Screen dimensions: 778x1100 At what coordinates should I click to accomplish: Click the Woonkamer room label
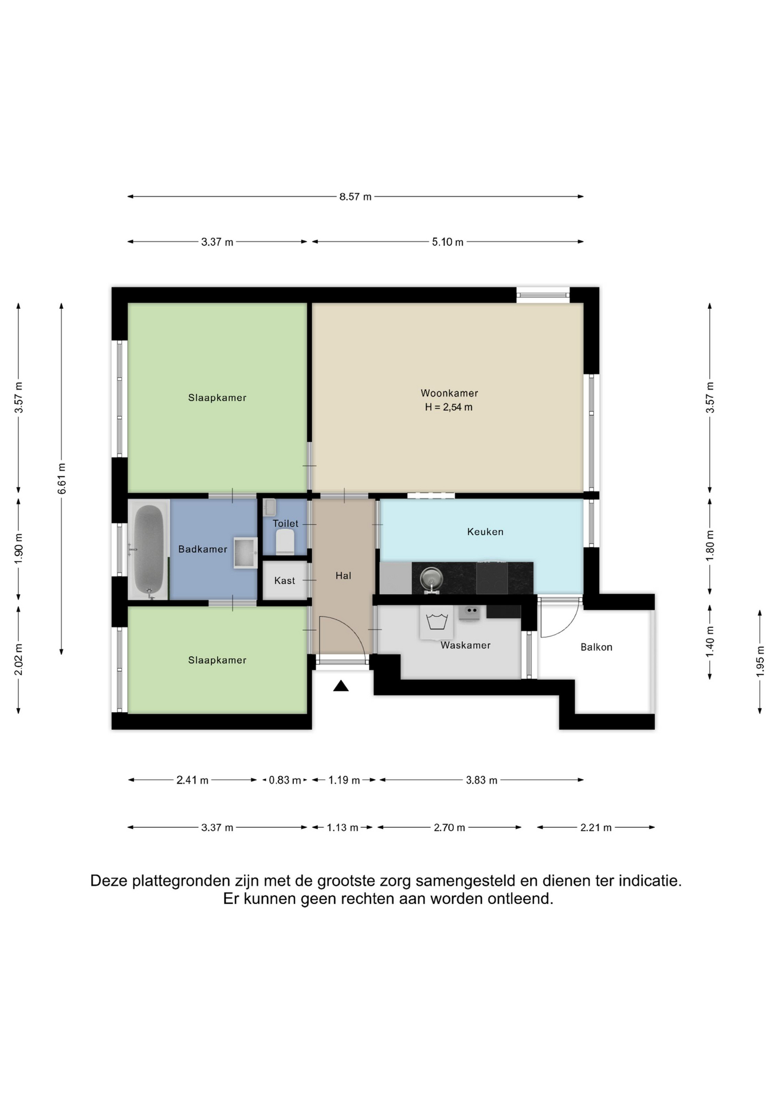point(449,393)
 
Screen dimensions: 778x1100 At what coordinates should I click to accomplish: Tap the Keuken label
point(485,532)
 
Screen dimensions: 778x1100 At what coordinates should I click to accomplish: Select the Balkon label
point(596,647)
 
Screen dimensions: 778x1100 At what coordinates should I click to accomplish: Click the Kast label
point(285,580)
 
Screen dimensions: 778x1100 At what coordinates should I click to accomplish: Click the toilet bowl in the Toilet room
point(285,541)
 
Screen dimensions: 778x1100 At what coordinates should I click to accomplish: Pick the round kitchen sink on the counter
point(431,579)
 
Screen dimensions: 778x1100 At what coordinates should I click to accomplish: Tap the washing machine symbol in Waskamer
point(437,622)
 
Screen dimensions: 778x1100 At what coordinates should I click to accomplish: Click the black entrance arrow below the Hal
point(341,686)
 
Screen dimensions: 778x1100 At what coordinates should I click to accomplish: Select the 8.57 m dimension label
point(355,197)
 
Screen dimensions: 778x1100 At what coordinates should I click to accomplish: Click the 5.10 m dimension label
point(447,242)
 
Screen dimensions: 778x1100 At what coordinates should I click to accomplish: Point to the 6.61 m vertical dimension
point(62,478)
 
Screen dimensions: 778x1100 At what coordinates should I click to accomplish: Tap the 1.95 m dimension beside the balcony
point(760,662)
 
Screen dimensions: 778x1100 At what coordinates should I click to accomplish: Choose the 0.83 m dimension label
point(285,780)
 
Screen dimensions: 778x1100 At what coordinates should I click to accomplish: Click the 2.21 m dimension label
point(596,827)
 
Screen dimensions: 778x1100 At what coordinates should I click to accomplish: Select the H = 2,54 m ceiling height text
point(449,407)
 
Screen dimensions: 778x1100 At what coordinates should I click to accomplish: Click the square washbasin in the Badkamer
point(245,553)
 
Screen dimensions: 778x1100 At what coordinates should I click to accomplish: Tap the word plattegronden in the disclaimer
point(181,881)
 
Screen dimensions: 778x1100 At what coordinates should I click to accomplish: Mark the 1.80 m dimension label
point(710,545)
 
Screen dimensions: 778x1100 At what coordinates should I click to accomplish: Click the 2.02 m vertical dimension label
point(18,659)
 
